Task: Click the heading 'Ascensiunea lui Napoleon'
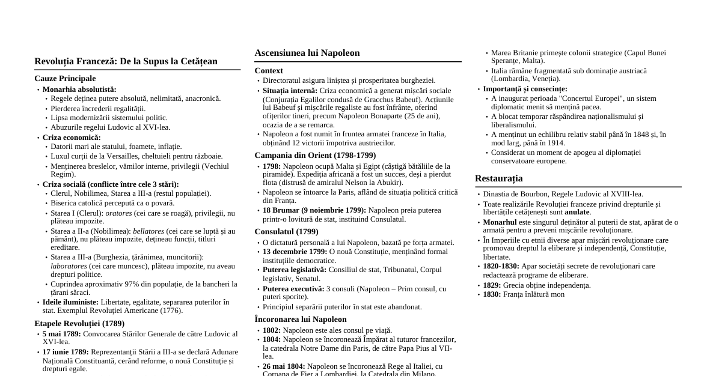307,53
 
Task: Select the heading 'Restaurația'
498,178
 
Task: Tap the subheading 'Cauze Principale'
65,79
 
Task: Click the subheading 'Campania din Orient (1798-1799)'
315,156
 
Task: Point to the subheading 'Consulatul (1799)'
286,232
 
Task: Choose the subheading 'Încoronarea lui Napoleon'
300,320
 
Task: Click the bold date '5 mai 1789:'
62,334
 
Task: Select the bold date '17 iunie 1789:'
66,352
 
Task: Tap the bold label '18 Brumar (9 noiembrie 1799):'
314,211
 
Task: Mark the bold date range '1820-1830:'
501,266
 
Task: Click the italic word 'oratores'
118,213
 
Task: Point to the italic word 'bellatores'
148,231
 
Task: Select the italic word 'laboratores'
69,266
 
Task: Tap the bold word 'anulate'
577,212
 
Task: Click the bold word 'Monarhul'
500,222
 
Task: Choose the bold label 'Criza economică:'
72,138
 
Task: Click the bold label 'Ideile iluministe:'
70,302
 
